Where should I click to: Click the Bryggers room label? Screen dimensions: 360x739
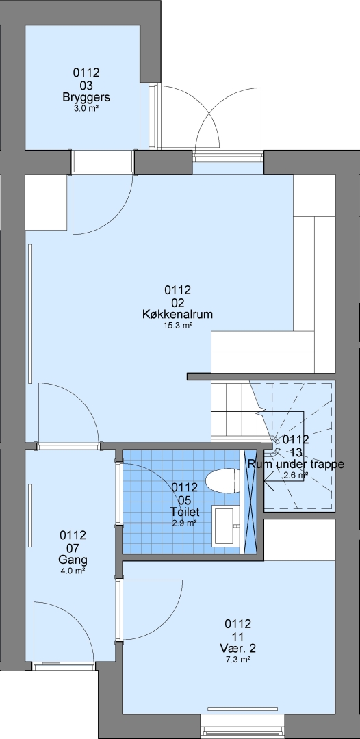(x=86, y=98)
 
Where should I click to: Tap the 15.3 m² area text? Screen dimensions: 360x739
(x=177, y=326)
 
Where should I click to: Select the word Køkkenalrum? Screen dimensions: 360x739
(x=177, y=314)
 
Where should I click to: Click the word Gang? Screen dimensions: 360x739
(x=73, y=560)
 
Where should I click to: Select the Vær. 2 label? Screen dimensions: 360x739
(x=238, y=649)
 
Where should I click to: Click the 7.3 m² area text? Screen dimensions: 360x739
(x=238, y=660)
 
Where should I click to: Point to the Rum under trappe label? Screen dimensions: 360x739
(x=296, y=464)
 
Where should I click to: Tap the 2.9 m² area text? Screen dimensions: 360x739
(x=185, y=523)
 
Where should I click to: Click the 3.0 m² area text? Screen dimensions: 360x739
(x=86, y=108)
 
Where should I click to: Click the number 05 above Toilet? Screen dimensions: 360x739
(x=185, y=500)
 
